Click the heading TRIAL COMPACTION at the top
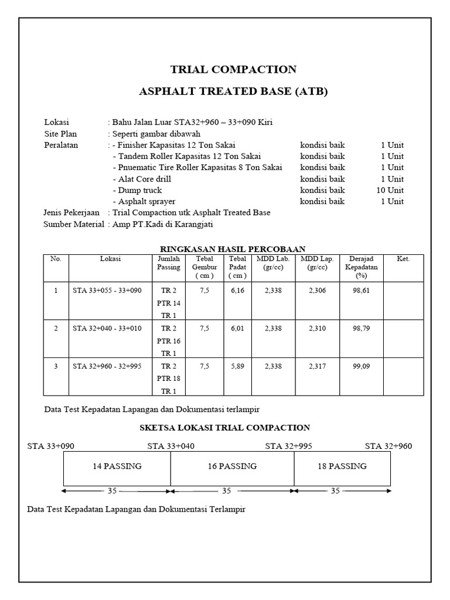click(x=233, y=70)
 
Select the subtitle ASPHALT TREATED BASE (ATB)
click(x=233, y=92)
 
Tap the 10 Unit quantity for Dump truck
click(x=390, y=190)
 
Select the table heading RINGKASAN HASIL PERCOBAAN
click(x=233, y=248)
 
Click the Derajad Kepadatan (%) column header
click(x=363, y=267)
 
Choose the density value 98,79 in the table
click(x=363, y=328)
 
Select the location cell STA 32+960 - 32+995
click(x=107, y=366)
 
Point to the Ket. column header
click(x=403, y=259)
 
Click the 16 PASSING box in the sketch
click(x=233, y=466)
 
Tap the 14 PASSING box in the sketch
click(x=117, y=466)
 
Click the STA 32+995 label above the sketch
click(x=288, y=446)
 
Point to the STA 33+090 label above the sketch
click(x=51, y=446)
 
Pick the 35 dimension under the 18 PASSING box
click(x=335, y=491)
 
